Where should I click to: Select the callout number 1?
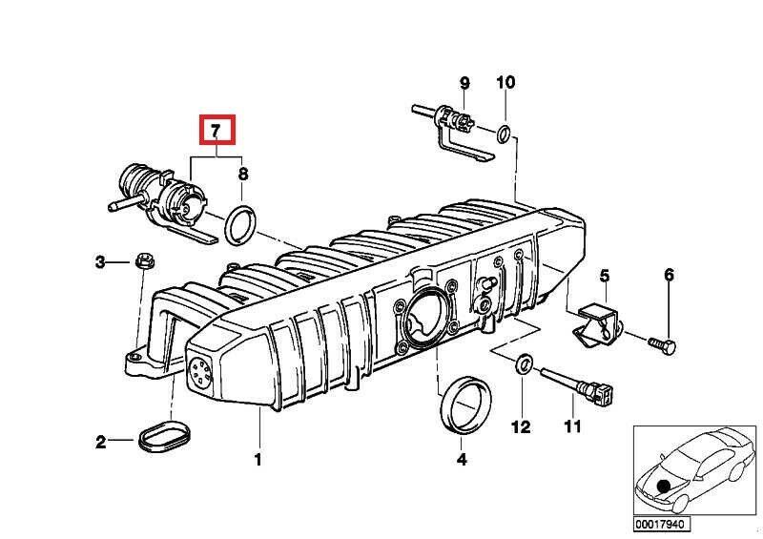[257, 460]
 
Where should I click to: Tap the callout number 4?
[462, 460]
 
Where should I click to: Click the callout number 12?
[520, 426]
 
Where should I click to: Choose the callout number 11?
[570, 426]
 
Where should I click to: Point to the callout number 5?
[604, 276]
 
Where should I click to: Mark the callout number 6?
[669, 276]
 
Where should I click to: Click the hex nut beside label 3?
[146, 260]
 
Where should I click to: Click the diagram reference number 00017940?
[661, 525]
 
